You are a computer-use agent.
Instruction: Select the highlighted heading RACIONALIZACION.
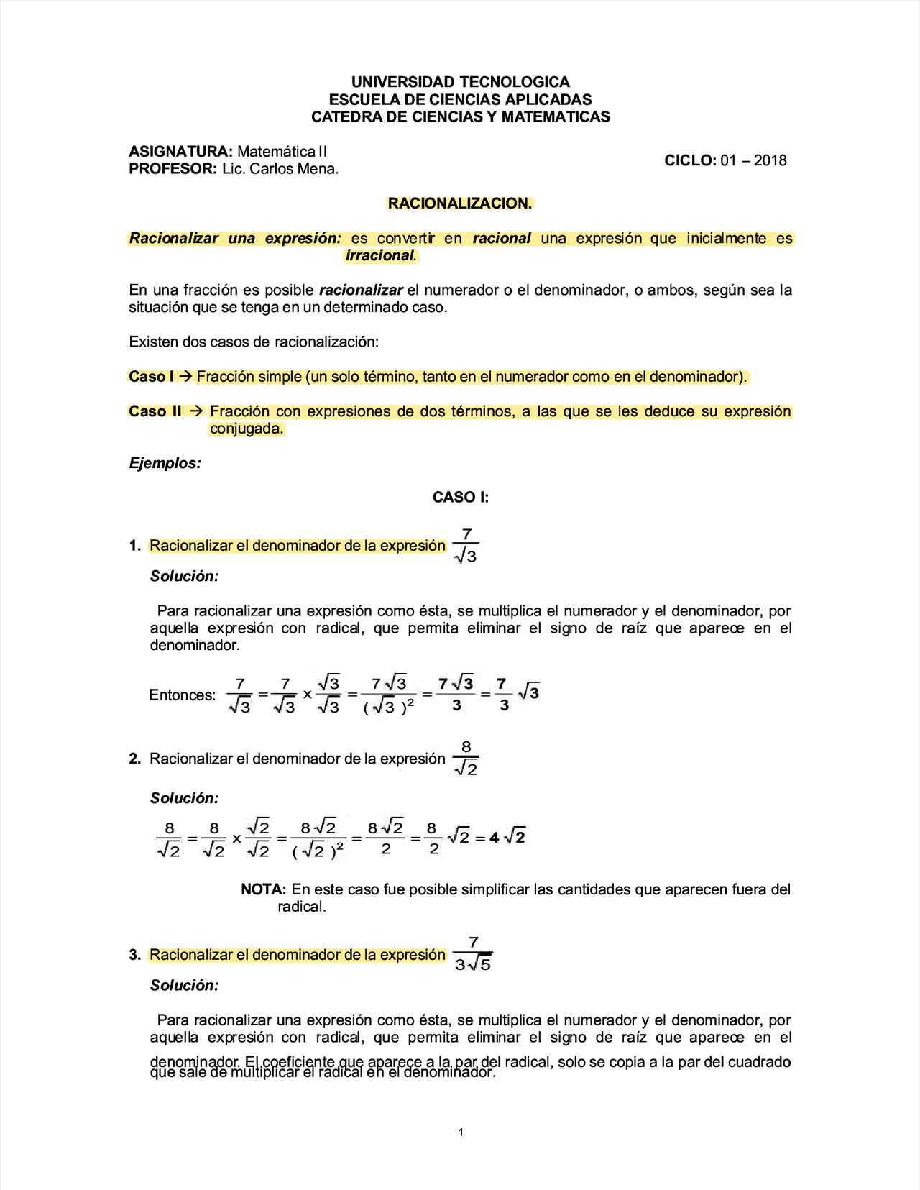point(460,203)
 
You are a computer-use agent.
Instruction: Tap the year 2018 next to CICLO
point(770,160)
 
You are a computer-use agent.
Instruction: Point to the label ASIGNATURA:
point(180,152)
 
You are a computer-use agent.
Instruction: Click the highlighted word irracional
point(380,255)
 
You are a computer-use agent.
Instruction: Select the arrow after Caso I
point(185,376)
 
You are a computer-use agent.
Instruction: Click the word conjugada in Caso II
point(247,429)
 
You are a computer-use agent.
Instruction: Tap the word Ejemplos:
point(165,463)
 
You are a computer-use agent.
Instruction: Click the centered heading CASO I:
point(460,498)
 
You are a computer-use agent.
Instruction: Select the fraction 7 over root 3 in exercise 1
point(466,545)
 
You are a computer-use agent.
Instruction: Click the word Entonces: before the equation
point(183,695)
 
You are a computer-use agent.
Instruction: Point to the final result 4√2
point(507,838)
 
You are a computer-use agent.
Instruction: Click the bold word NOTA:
point(264,889)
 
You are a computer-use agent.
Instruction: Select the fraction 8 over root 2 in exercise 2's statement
point(466,759)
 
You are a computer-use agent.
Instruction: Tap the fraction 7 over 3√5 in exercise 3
point(473,954)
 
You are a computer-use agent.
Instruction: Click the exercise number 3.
point(134,955)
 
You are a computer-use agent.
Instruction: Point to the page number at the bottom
point(461,1132)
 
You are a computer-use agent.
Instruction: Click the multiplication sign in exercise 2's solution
point(236,839)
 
